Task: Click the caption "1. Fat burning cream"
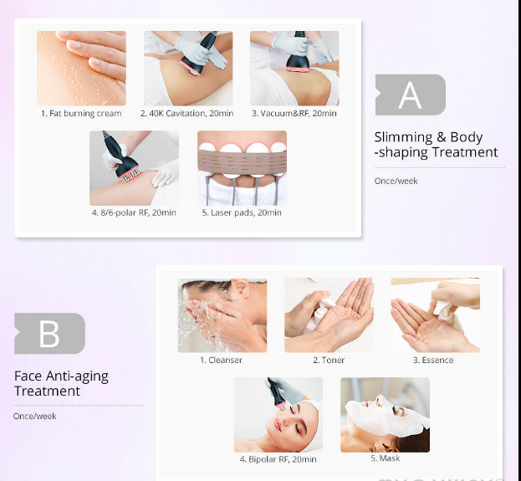coord(81,114)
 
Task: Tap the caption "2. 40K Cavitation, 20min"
coord(186,114)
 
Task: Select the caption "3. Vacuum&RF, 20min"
coord(294,114)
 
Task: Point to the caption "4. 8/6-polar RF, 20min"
coord(134,212)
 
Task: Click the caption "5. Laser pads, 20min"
coord(242,212)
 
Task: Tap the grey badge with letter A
coord(411,95)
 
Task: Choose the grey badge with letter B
coord(49,334)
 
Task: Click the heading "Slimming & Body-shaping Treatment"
coord(436,145)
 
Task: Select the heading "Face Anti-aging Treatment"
coord(61,383)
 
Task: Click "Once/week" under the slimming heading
coord(396,181)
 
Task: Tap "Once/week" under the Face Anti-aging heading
coord(34,417)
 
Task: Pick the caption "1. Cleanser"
coord(221,360)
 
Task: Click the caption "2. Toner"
coord(329,360)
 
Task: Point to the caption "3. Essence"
coord(433,360)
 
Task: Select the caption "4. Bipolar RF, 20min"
coord(278,459)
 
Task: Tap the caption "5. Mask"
coord(385,458)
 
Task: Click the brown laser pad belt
coord(242,162)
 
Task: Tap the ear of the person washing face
coord(239,289)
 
